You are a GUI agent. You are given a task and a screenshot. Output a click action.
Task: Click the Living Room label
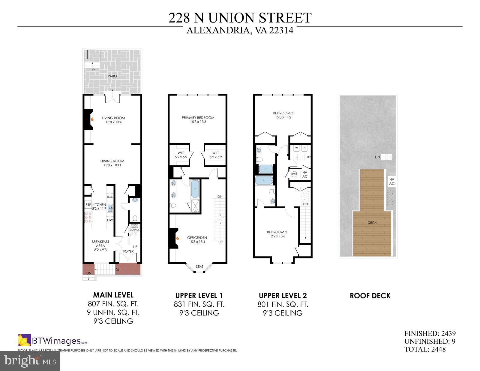coord(113,118)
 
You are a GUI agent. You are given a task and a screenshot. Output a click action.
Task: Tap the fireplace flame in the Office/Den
coord(177,239)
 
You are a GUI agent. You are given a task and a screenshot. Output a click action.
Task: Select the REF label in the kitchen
coord(88,205)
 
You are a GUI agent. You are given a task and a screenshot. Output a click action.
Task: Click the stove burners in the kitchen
coord(88,217)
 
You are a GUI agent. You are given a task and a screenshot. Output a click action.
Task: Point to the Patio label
coord(112,76)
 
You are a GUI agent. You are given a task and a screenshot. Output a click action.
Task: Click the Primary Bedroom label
coord(198,118)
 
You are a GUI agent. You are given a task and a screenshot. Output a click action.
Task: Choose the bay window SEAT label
coord(199,267)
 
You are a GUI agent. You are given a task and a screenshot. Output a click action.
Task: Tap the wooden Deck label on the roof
coord(372,222)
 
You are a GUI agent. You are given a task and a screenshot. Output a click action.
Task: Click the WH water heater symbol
coord(294,174)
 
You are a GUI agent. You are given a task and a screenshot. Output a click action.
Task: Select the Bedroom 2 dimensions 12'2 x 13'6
coord(277,236)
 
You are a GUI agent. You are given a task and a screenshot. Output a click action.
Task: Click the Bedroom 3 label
coord(283,113)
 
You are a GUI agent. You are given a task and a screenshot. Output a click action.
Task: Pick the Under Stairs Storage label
coord(134,227)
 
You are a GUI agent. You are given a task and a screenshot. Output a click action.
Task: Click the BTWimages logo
coord(53,341)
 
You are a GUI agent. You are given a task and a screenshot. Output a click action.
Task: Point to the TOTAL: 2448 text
coord(425,349)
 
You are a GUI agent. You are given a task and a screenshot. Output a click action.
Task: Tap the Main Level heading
coord(113,295)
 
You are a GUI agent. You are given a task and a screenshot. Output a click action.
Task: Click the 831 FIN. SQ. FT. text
coord(199,304)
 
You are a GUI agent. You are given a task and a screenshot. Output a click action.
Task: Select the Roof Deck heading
coord(370,296)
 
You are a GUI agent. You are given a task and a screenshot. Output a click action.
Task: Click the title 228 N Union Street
coord(240,18)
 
